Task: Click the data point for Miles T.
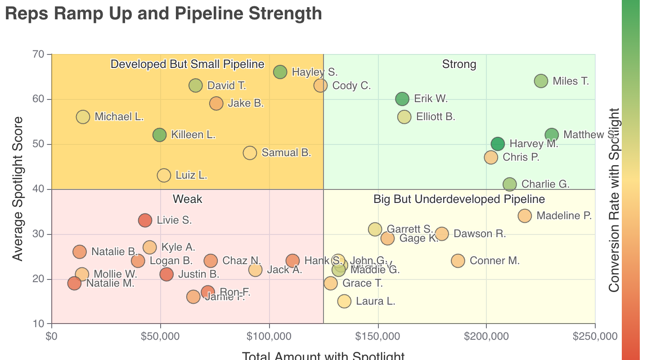[x=541, y=81]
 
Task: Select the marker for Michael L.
[x=83, y=117]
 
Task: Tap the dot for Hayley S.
[x=280, y=72]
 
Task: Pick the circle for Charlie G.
[x=509, y=184]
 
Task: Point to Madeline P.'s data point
[x=525, y=216]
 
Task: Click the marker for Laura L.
[x=344, y=301]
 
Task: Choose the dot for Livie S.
[x=145, y=220]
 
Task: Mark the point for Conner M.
[x=458, y=261]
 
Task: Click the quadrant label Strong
[x=459, y=64]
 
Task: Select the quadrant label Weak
[x=187, y=199]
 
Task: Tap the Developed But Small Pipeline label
[x=187, y=64]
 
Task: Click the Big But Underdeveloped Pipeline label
[x=459, y=199]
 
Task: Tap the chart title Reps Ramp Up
[x=163, y=13]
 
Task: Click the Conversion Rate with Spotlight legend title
[x=614, y=200]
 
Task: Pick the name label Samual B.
[x=286, y=153]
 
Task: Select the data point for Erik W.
[x=402, y=99]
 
